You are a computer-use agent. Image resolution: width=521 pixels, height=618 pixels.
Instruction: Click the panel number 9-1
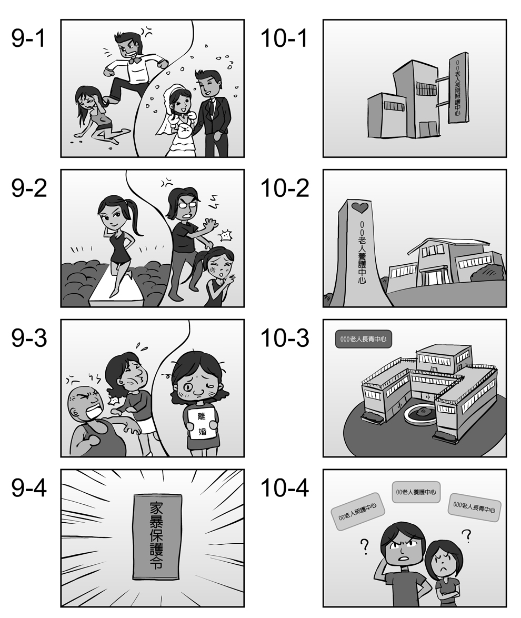click(x=28, y=38)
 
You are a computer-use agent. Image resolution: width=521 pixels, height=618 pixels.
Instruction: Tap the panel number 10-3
click(x=285, y=338)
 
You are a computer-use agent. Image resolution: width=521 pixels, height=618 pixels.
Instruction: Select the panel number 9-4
click(x=29, y=488)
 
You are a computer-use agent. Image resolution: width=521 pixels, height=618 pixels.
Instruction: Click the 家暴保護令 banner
click(x=158, y=537)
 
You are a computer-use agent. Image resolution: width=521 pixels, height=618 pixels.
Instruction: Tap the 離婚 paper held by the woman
click(x=202, y=424)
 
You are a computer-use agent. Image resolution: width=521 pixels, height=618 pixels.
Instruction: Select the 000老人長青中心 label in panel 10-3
click(x=363, y=339)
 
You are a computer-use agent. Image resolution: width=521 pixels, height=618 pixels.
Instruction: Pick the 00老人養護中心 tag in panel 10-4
click(x=416, y=492)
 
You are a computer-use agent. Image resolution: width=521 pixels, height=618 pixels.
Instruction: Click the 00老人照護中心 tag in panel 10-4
click(x=357, y=511)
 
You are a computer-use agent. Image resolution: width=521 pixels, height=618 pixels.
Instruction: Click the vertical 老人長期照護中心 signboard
click(x=458, y=87)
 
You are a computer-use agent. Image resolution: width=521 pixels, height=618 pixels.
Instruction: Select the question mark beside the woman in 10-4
click(x=467, y=535)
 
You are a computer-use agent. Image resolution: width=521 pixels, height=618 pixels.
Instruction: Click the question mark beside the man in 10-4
click(x=365, y=546)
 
